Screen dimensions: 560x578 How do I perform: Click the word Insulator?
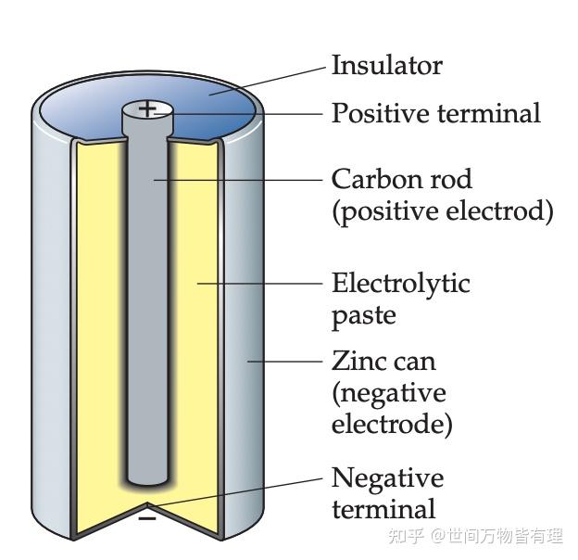click(387, 66)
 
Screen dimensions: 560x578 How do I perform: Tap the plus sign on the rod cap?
click(147, 109)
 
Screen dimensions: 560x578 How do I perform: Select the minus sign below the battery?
click(147, 519)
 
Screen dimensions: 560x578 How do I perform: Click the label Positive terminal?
click(436, 114)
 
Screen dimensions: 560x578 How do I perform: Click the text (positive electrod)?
click(443, 210)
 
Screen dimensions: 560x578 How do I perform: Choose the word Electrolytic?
click(401, 283)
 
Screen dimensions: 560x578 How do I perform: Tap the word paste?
click(364, 315)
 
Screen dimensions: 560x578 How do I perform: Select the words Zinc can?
click(383, 361)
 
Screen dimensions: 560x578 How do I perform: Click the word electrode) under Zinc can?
click(392, 425)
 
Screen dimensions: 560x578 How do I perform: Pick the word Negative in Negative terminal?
click(387, 478)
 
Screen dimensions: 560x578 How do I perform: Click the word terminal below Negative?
click(383, 509)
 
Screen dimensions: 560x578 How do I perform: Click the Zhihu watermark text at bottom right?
click(473, 536)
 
